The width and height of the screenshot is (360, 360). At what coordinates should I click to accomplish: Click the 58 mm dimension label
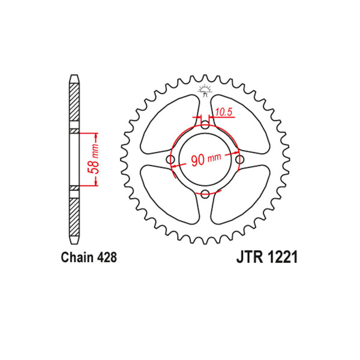point(94,159)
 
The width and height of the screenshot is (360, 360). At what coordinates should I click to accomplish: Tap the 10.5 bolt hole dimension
point(224,110)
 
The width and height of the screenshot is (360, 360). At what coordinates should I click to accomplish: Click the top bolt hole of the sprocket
point(205,125)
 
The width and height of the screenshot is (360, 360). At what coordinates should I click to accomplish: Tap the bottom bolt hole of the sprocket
point(205,194)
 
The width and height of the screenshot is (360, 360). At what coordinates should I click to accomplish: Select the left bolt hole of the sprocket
point(170,160)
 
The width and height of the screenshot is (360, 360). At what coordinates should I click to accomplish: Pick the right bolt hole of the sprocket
point(241,160)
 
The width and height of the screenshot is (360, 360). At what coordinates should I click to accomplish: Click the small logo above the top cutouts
point(205,90)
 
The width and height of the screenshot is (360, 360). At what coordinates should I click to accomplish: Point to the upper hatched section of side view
point(73,105)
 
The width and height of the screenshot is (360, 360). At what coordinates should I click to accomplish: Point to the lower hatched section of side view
point(73,215)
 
